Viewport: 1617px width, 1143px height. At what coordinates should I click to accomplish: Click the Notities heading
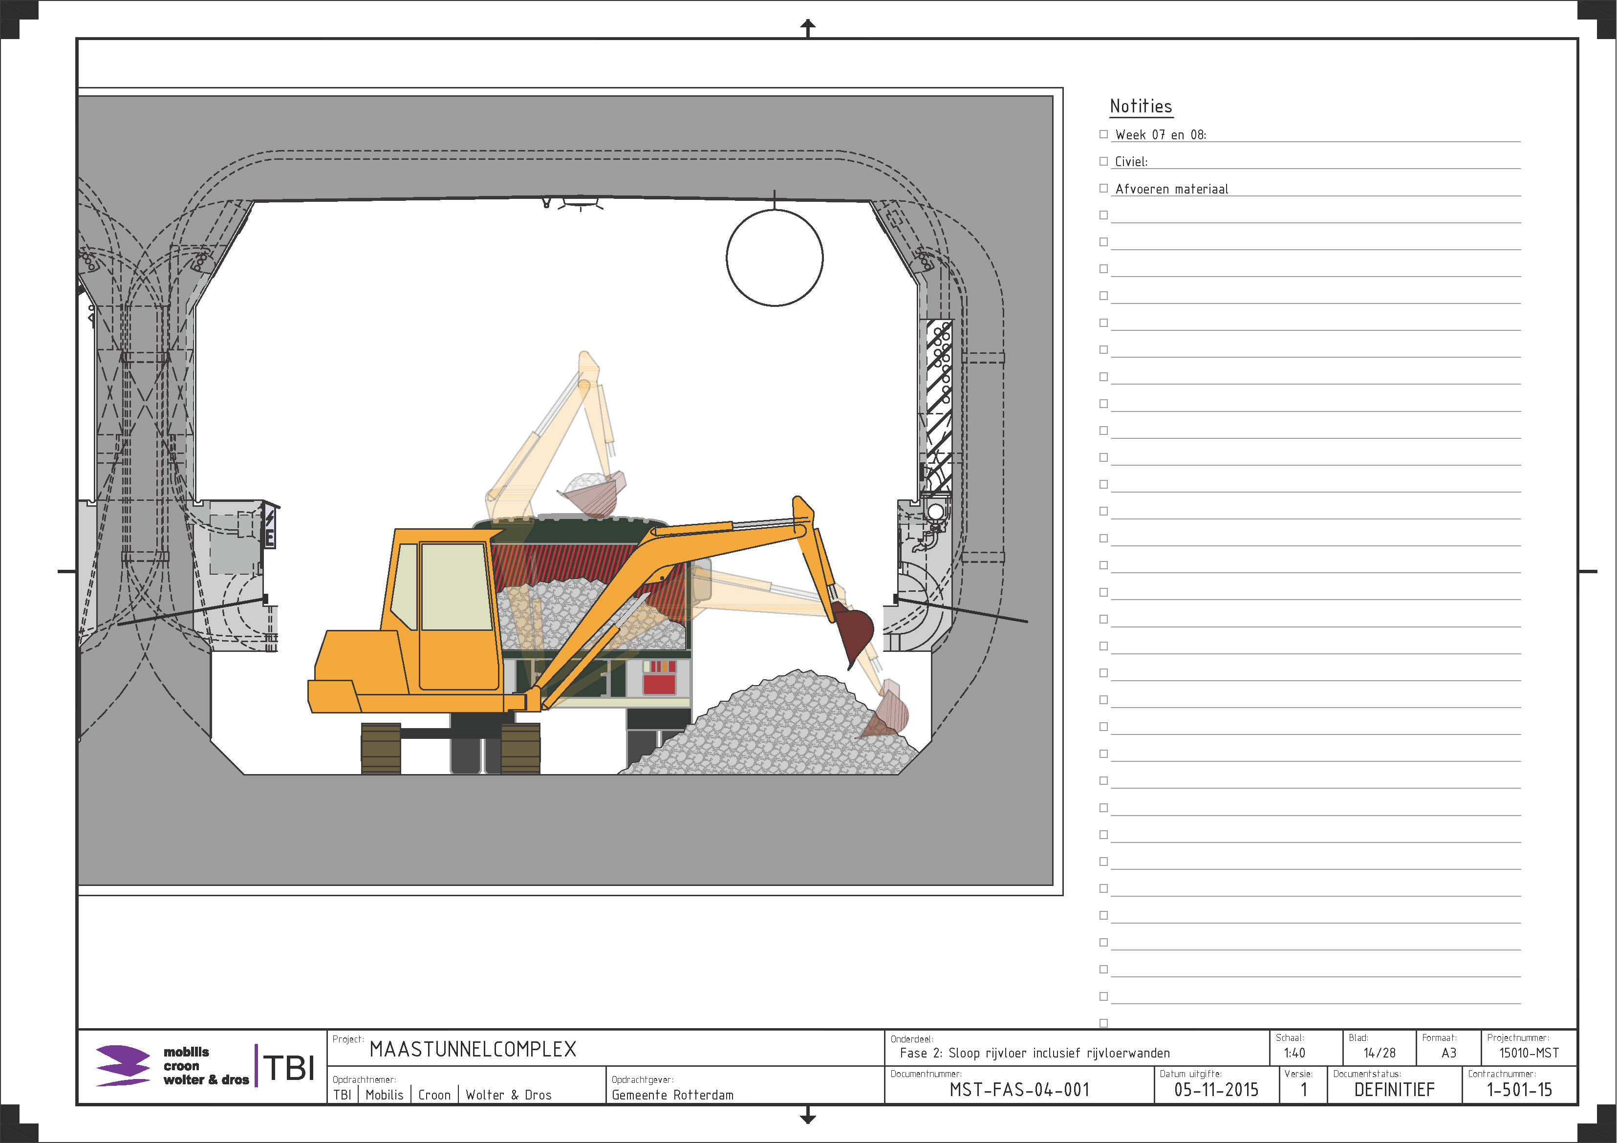point(1141,107)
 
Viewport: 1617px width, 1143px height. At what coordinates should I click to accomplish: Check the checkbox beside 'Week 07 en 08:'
point(1103,134)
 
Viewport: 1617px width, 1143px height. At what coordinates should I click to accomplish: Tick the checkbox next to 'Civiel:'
point(1103,161)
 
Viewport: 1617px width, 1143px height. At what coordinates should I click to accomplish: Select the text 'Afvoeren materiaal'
point(1172,189)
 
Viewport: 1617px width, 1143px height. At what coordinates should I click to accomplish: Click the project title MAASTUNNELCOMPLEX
point(473,1049)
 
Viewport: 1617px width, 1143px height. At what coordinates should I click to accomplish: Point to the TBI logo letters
point(289,1068)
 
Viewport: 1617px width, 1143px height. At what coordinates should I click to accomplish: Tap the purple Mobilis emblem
point(123,1065)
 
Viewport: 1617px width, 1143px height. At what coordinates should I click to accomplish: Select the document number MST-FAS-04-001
point(1019,1090)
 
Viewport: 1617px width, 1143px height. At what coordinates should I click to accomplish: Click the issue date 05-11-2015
point(1216,1090)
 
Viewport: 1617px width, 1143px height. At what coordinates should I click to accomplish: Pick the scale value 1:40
point(1294,1053)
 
